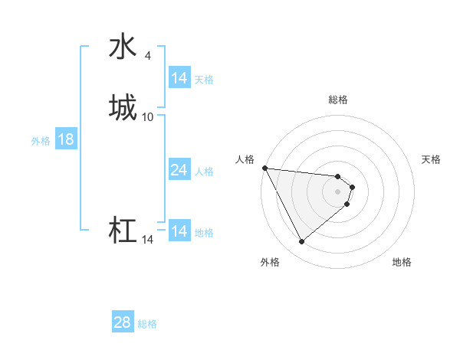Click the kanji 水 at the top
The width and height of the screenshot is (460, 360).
123,47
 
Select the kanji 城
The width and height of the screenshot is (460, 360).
123,107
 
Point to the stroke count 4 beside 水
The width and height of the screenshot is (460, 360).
147,55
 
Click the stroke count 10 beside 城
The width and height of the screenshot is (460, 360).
148,116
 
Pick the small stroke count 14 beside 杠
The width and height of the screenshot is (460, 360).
147,240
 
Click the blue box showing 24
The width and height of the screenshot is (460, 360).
179,170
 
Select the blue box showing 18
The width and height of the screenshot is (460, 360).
65,139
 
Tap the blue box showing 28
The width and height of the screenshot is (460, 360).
122,322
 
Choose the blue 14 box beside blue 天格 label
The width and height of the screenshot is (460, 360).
179,78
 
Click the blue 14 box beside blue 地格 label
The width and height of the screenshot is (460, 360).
179,231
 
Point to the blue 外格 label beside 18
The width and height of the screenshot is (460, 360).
40,140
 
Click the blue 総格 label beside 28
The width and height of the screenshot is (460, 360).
147,324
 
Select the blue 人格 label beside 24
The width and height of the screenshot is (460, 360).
204,171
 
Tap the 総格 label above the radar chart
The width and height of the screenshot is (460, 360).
337,100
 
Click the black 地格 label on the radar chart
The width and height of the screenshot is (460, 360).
402,262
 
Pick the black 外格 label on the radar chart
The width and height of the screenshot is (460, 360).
270,262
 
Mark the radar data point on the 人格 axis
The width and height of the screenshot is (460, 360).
264,168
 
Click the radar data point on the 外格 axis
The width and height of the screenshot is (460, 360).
301,242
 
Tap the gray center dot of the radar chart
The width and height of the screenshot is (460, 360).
337,191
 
